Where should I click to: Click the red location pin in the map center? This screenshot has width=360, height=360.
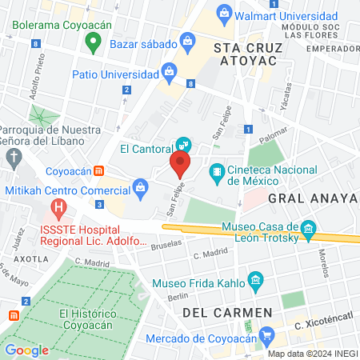pos(180,166)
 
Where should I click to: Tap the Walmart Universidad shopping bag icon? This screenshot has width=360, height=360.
pos(225,13)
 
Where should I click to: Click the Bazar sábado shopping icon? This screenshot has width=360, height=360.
pos(187,40)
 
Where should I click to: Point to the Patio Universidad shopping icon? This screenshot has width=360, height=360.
pos(168,71)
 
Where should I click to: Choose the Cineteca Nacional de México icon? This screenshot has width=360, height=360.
pos(217,171)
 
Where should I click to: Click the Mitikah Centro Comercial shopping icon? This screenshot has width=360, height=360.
pos(140,190)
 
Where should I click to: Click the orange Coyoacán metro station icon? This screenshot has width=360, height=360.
pos(98,170)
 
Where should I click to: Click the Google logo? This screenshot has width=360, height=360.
pos(26,350)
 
